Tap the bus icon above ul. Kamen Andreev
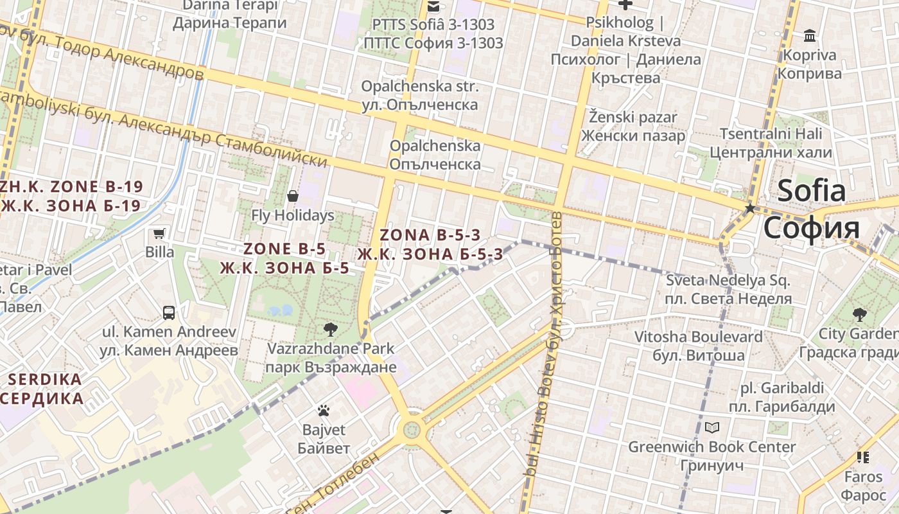pos(169,313)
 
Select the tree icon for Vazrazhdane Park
pos(331,330)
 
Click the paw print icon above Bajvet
pos(324,410)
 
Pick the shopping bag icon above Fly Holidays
pos(293,196)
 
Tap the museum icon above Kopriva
pos(810,35)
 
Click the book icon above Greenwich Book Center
pos(711,427)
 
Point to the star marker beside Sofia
pos(749,209)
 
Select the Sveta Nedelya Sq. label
pos(728,289)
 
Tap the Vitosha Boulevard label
pos(699,346)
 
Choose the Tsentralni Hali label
pos(771,143)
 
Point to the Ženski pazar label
pos(633,126)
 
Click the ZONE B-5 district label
pos(284,258)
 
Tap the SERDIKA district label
pos(42,389)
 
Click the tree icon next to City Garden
pos(859,315)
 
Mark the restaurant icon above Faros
pos(862,457)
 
